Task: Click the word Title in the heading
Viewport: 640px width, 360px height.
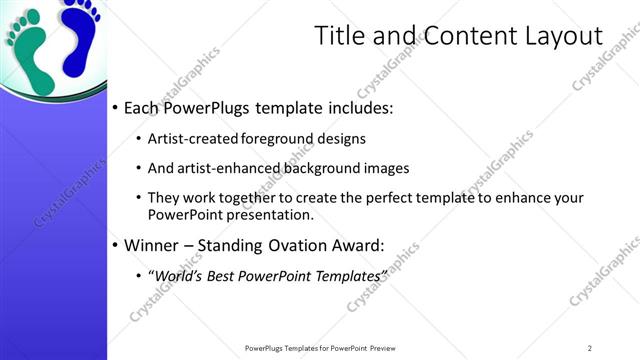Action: [341, 37]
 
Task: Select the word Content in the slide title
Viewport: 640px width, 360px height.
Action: [468, 37]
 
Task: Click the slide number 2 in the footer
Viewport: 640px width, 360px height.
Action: [589, 347]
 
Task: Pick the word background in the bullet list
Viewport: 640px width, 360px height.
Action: [326, 168]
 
